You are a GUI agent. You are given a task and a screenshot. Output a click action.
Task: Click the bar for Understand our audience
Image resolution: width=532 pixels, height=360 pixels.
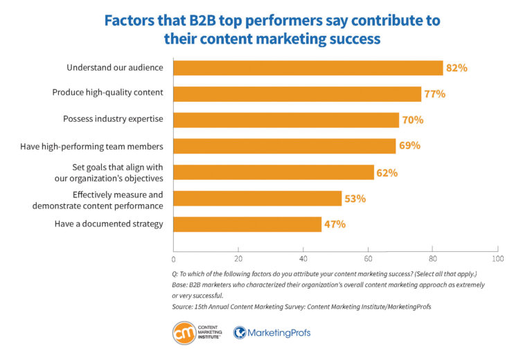tap(308, 68)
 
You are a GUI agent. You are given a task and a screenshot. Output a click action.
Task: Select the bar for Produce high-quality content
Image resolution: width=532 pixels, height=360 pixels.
tap(297, 93)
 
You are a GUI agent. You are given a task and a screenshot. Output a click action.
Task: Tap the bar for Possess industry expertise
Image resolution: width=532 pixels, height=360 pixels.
tap(286, 120)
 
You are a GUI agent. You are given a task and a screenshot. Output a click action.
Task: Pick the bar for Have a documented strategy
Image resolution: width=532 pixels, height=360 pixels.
tap(247, 224)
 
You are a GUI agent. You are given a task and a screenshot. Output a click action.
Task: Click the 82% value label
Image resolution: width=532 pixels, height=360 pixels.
tap(456, 68)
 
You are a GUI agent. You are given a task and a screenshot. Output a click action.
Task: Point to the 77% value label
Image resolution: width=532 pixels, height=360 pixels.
tap(434, 93)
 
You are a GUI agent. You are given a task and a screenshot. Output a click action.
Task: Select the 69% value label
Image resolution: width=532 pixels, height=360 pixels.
tap(409, 145)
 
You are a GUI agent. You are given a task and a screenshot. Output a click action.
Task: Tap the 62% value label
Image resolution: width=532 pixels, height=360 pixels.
tap(387, 172)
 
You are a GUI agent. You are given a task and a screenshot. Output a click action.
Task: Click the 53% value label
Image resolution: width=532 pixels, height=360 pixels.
tap(355, 199)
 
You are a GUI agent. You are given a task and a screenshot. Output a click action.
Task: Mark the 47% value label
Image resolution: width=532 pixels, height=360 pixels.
tap(335, 224)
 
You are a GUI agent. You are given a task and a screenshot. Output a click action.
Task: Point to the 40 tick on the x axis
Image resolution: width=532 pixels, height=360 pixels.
tap(303, 258)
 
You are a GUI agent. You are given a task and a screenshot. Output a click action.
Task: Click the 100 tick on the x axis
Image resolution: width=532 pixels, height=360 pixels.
tap(497, 258)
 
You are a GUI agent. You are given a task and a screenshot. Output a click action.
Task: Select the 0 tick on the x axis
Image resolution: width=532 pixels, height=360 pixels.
tap(174, 258)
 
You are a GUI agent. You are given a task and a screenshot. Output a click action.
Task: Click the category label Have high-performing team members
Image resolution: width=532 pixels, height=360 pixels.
tap(109, 145)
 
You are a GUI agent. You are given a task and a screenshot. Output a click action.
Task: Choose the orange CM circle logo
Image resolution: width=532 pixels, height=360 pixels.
tap(185, 333)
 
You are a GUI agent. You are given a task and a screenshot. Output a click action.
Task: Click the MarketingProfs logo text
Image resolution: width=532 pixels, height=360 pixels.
tap(280, 333)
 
